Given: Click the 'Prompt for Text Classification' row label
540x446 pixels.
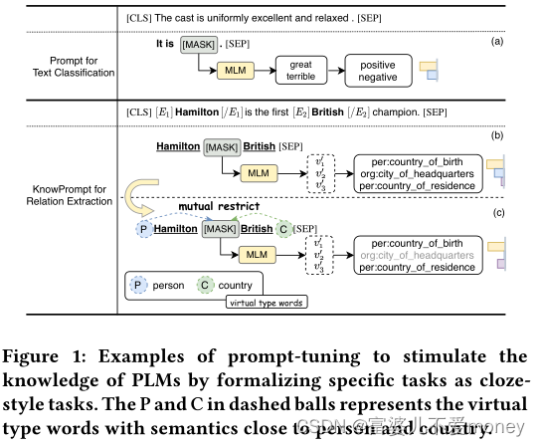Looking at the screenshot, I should click(66, 66).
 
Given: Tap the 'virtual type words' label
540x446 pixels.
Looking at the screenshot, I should click(267, 302).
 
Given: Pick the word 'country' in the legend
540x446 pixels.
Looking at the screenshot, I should click(235, 286).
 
